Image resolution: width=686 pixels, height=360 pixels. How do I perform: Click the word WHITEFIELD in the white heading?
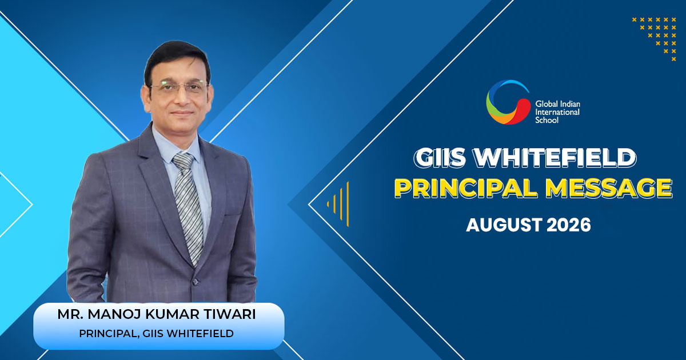coord(555,158)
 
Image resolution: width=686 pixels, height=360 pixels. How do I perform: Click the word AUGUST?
coord(504,225)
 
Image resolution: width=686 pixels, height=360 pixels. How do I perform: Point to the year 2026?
coord(568,225)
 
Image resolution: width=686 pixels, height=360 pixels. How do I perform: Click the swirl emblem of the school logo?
coord(508,102)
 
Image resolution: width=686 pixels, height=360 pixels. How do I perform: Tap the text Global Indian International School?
coord(558,112)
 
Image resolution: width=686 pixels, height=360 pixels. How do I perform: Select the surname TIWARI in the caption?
coord(230,314)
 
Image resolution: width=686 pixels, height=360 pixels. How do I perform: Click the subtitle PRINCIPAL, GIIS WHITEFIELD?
coord(156,333)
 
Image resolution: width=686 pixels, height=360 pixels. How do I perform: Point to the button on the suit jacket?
coord(195,282)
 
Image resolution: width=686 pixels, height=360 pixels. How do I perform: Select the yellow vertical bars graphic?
coord(338,204)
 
